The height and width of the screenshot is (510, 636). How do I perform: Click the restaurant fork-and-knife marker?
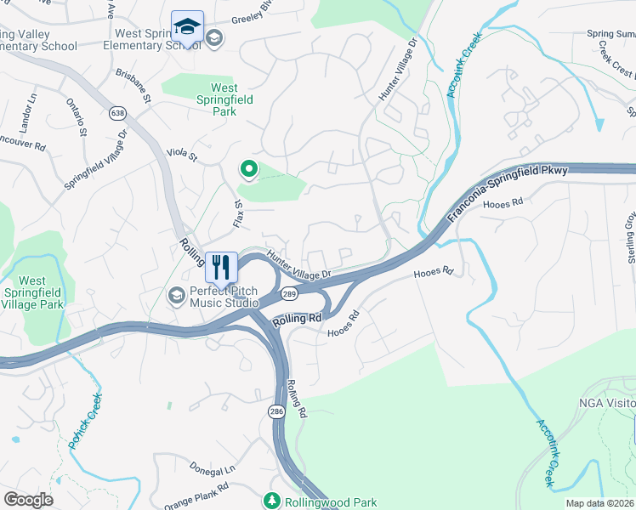tap(221, 267)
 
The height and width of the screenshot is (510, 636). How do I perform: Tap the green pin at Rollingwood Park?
tap(272, 501)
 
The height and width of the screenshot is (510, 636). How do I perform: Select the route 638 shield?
tap(117, 112)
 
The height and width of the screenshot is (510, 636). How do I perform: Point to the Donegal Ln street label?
tap(212, 469)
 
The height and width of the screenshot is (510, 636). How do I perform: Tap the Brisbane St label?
tap(134, 88)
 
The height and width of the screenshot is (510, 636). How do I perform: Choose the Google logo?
tap(29, 499)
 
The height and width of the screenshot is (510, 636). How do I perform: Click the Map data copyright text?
tap(599, 503)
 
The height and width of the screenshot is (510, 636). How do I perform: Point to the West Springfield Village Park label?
tap(32, 292)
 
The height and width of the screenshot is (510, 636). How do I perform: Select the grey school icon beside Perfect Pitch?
tap(177, 295)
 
